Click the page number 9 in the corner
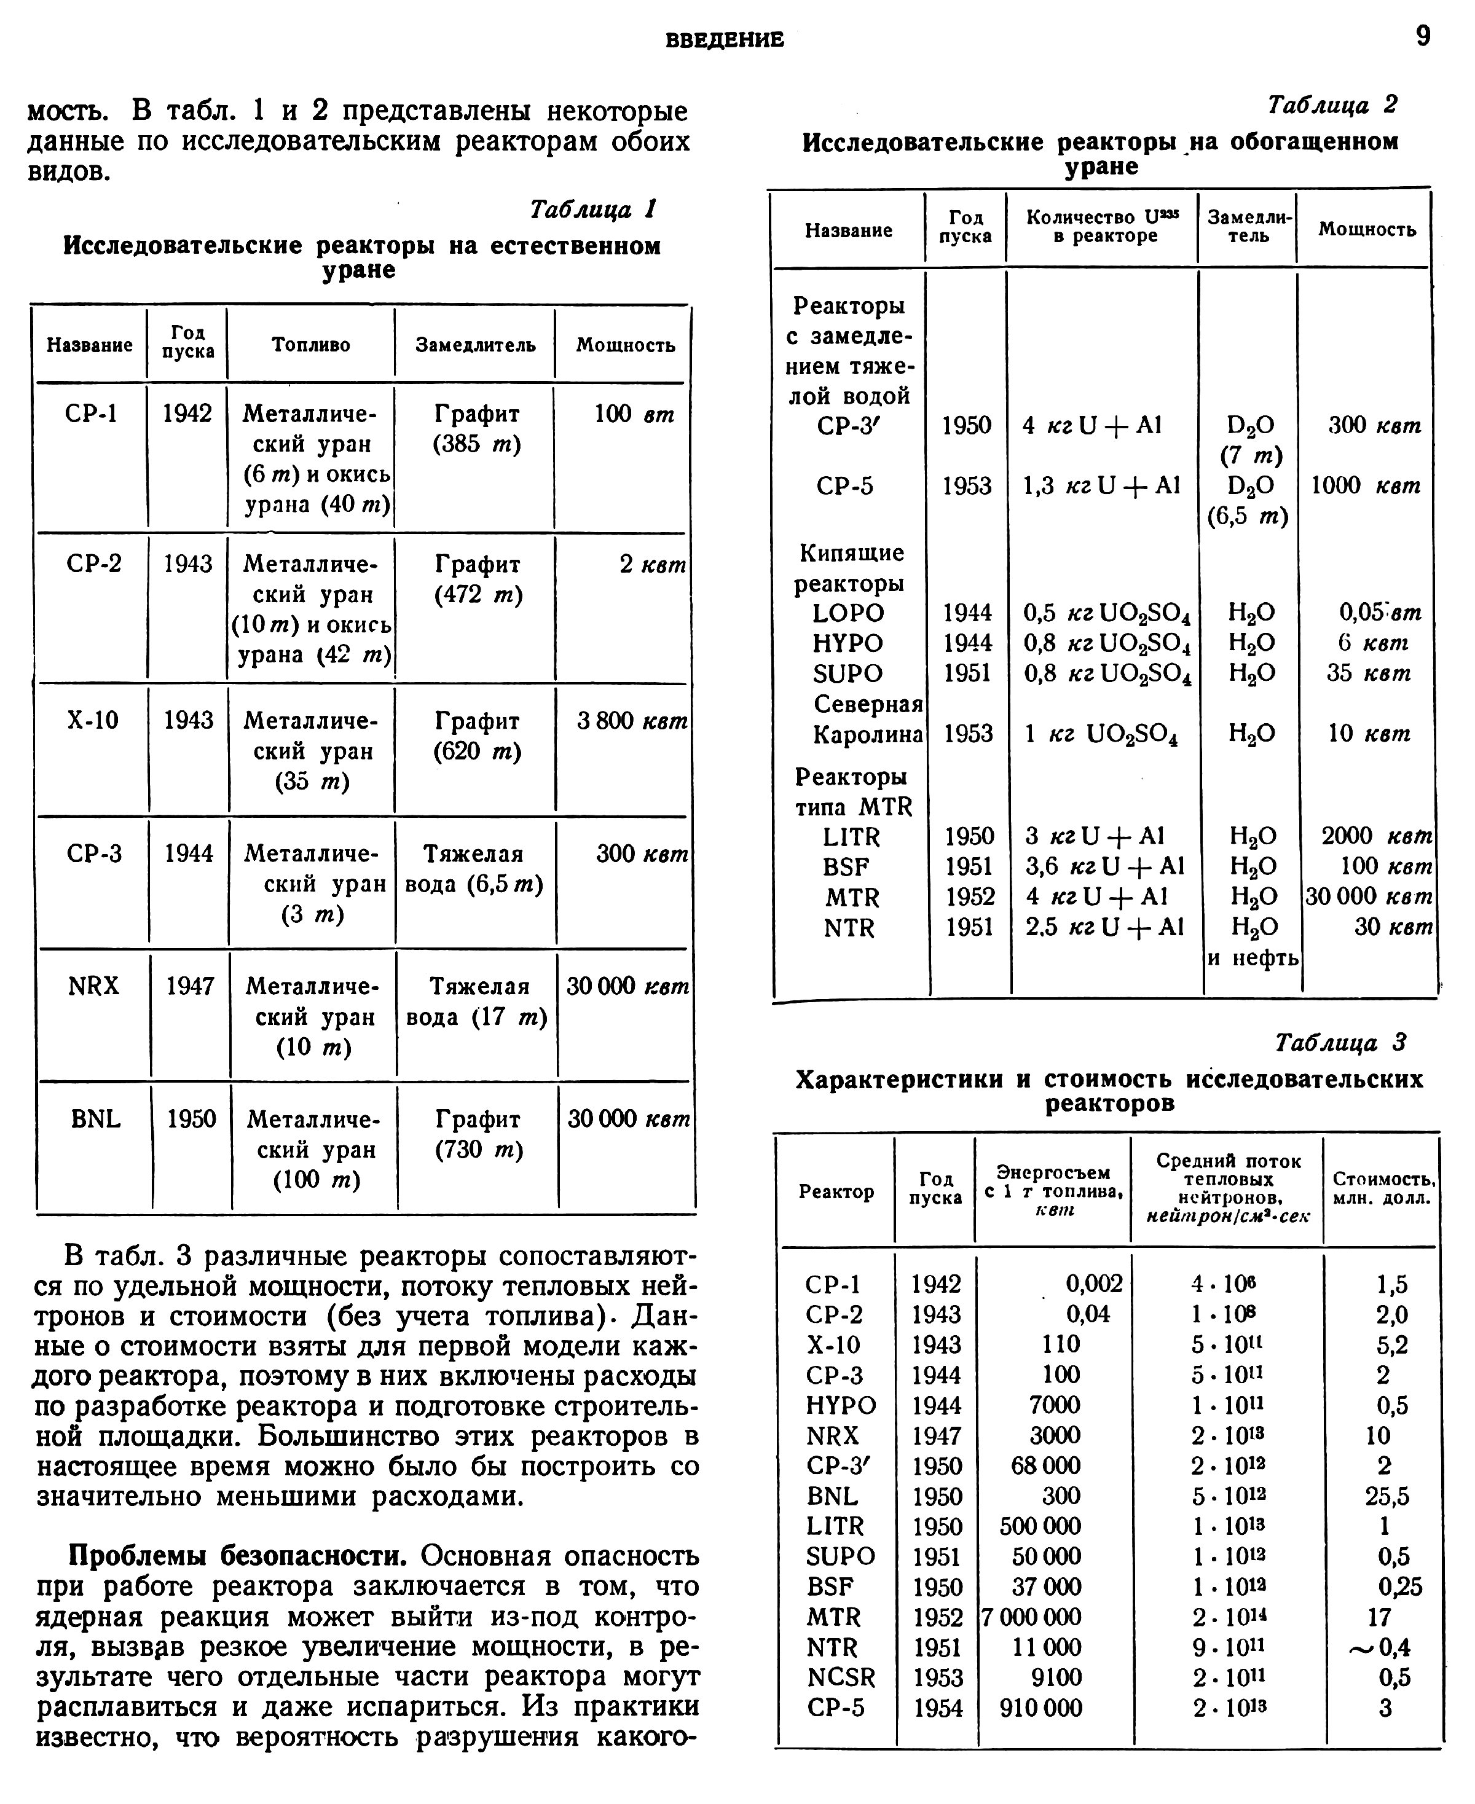[x=1423, y=36]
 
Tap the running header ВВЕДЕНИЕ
[x=725, y=40]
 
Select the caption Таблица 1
[x=593, y=209]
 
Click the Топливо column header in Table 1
[x=311, y=345]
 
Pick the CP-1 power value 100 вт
[x=634, y=415]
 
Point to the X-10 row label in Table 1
[x=93, y=720]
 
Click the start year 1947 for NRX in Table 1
[x=189, y=986]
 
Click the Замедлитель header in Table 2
[x=1249, y=227]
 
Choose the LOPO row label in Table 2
[x=848, y=613]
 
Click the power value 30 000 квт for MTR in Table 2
[x=1368, y=897]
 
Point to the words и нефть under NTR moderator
[x=1253, y=958]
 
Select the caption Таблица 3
[x=1341, y=1042]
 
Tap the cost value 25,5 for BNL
[x=1386, y=1496]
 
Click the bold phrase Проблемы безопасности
[x=238, y=1556]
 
